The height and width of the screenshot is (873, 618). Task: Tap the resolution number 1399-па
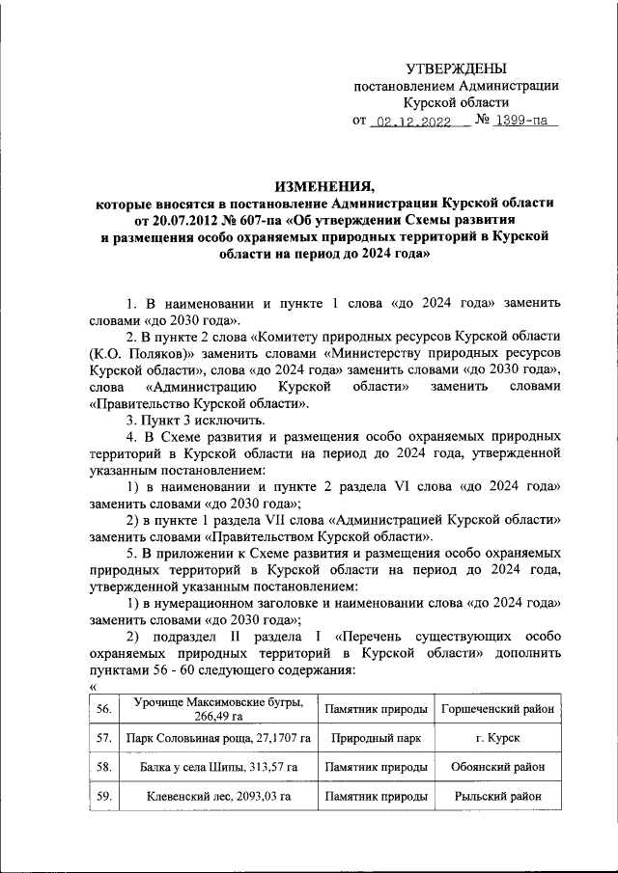pos(525,123)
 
